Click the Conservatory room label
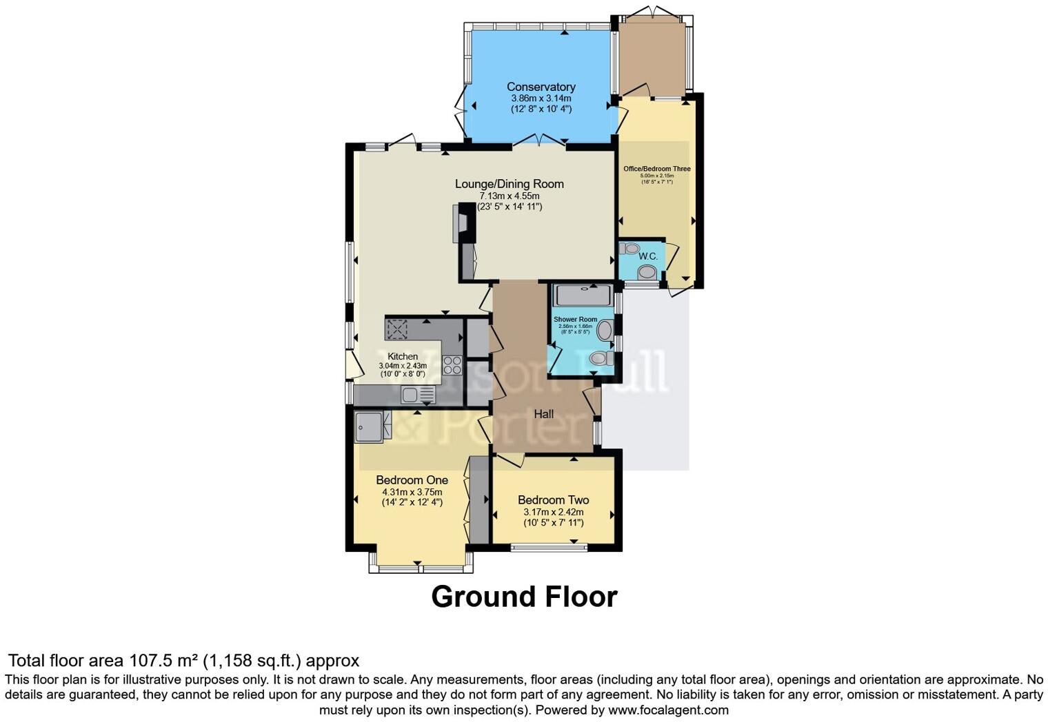click(541, 87)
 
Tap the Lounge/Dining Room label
click(509, 184)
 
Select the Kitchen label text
click(402, 356)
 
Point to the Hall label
click(543, 414)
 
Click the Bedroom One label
click(412, 480)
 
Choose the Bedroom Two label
click(553, 500)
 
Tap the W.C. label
click(647, 256)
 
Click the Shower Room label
click(575, 320)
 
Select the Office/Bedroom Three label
click(656, 169)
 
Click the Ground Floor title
click(524, 597)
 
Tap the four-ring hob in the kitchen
click(452, 364)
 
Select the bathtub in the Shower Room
click(583, 296)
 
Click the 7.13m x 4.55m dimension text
click(509, 196)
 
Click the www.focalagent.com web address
click(668, 710)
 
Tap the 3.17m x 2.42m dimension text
click(553, 513)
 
